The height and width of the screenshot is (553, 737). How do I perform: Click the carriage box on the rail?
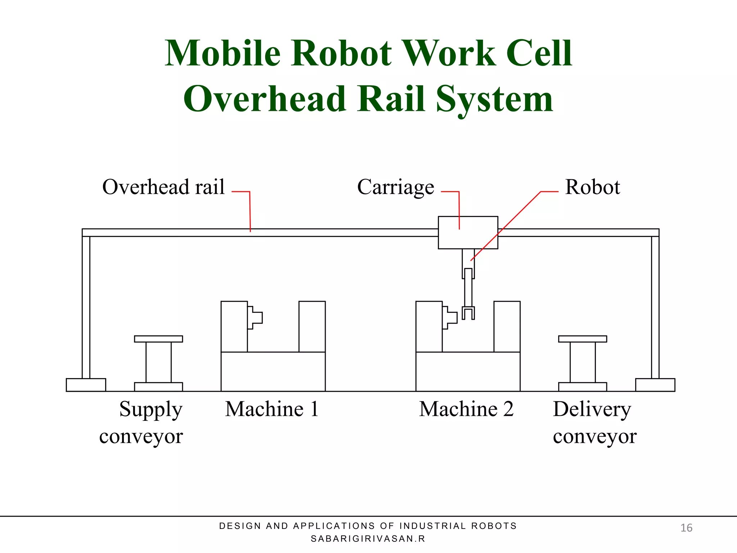(x=468, y=233)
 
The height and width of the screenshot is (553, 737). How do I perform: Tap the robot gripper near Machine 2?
(x=468, y=313)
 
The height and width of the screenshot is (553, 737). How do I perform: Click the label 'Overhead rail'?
(x=163, y=187)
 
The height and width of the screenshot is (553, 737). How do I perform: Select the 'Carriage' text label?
(x=395, y=188)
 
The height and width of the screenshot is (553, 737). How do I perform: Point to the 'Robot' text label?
(x=592, y=187)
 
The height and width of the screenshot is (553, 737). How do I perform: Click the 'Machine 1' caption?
(x=272, y=409)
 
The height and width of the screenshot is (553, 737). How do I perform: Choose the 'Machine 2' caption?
(x=466, y=409)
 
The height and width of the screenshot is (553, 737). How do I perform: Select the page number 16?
(x=686, y=528)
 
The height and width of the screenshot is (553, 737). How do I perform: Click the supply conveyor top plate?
(x=158, y=339)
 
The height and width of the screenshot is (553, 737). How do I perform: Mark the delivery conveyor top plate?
(x=582, y=339)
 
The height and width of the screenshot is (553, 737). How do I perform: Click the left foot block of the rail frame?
(x=86, y=385)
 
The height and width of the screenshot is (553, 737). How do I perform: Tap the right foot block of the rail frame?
(x=655, y=385)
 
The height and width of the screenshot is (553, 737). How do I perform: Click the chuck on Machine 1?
(x=255, y=318)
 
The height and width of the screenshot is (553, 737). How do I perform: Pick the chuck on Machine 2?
(x=449, y=318)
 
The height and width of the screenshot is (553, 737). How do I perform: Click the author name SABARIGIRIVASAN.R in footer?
(x=368, y=539)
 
